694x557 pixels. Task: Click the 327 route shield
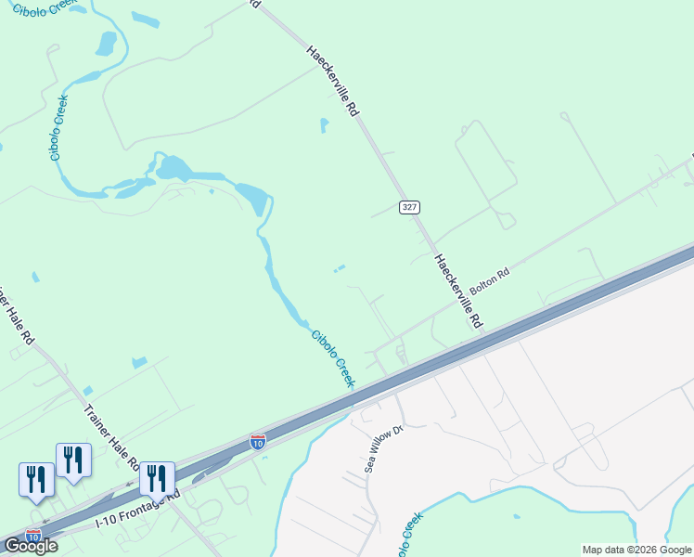coord(409,206)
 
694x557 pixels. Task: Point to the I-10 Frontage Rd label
coord(139,510)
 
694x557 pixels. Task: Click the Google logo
coord(31,546)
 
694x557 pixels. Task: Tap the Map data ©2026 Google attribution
coord(637,550)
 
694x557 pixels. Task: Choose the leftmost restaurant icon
coord(36,480)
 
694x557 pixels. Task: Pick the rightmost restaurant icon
coord(157,479)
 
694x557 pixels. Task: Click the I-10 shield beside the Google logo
coord(32,537)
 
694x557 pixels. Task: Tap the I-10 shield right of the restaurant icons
coord(258,441)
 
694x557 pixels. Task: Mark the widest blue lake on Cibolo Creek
coord(176,170)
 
